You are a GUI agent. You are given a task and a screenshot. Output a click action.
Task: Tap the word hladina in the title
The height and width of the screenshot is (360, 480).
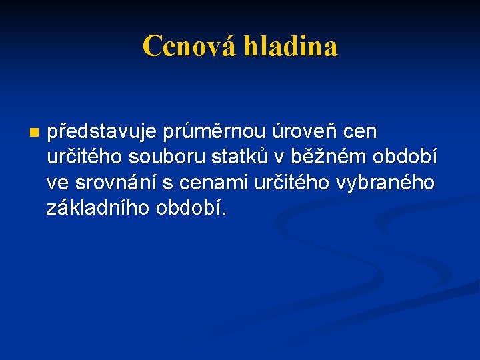291,46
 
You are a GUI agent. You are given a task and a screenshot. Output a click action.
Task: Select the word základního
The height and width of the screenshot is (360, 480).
99,208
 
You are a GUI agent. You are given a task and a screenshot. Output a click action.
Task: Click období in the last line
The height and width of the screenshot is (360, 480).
191,208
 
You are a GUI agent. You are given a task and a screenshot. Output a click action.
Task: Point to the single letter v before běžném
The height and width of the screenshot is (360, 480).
277,159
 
